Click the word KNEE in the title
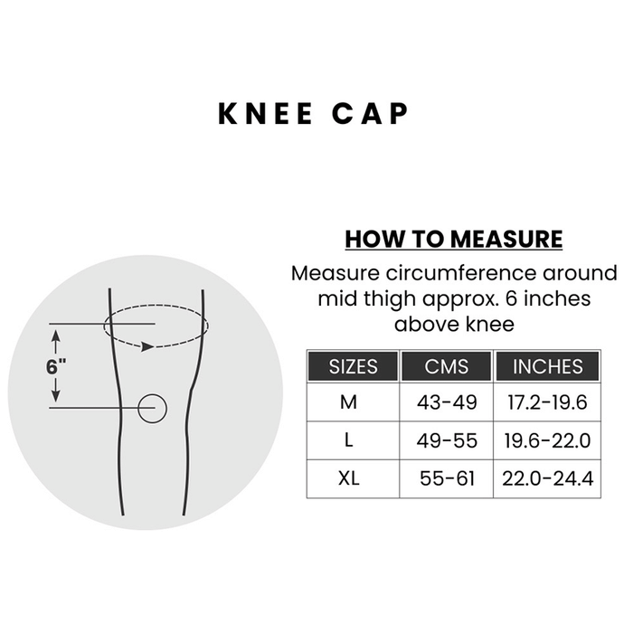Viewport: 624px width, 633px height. (265, 114)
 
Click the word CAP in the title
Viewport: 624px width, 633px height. (370, 114)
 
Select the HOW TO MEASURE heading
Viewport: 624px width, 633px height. (454, 239)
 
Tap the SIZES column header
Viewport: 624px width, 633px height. (354, 366)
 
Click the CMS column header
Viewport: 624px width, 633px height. (447, 366)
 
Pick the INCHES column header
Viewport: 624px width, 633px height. (548, 366)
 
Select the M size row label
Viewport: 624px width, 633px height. (348, 402)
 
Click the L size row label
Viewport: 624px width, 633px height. (349, 439)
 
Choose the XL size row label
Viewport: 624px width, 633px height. (349, 478)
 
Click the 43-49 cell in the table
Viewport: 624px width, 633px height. (447, 402)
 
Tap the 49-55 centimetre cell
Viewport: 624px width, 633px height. (447, 440)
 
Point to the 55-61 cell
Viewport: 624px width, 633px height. (447, 478)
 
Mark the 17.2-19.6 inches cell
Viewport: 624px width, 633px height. (547, 402)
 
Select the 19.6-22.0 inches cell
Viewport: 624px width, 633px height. (547, 440)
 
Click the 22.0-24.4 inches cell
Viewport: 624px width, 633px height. (548, 478)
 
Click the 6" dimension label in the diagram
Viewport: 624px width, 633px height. (56, 367)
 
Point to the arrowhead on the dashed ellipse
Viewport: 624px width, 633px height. (147, 346)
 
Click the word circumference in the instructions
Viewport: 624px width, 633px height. (461, 274)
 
